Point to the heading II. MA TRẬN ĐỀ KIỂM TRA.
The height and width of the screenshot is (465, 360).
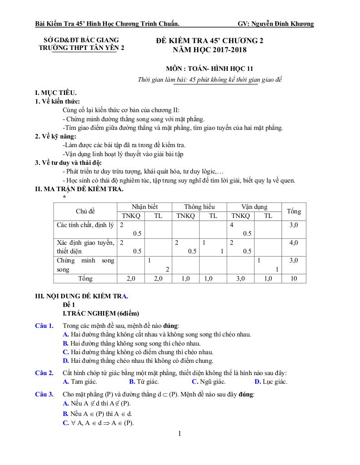(79, 189)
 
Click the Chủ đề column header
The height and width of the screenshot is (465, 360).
(85, 211)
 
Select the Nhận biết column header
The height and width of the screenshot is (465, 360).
(145, 207)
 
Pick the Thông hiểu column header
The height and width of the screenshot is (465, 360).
(199, 207)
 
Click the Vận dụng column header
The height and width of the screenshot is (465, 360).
(254, 207)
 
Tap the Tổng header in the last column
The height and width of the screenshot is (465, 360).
(294, 211)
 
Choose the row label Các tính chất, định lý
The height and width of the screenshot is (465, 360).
(85, 225)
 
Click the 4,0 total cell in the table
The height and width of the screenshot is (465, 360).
(294, 242)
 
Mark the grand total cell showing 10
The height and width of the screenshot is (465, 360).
(294, 278)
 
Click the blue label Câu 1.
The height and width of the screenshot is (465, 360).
(44, 326)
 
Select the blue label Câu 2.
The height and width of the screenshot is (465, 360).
(44, 373)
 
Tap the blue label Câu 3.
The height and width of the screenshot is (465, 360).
(44, 394)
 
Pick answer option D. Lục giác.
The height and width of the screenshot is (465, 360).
(271, 381)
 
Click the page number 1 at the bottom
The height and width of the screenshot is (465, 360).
(180, 433)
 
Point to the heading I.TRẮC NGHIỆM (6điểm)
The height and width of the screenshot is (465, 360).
(100, 313)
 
